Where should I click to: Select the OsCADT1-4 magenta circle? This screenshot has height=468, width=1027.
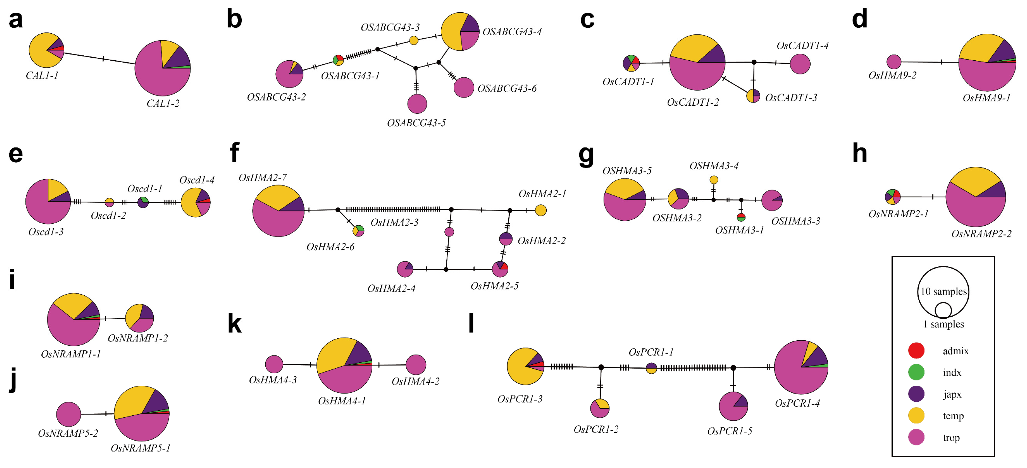tap(800, 64)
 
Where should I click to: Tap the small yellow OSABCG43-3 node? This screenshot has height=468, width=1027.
tap(414, 40)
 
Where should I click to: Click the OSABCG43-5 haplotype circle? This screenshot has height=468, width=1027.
tap(417, 104)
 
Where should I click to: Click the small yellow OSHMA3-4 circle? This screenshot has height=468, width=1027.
tap(714, 180)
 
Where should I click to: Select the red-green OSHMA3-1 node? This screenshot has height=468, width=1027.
tap(741, 217)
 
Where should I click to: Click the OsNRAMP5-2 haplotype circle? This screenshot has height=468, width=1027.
tap(69, 414)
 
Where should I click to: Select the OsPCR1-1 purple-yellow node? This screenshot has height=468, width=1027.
tap(651, 368)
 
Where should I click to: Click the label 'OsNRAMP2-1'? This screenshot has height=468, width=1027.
tap(898, 214)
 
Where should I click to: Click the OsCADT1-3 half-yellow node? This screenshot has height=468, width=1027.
tap(753, 96)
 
